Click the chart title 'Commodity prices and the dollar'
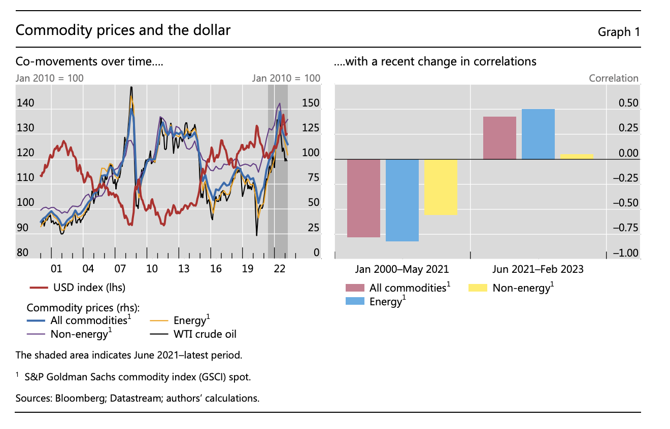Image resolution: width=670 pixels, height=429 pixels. click(x=123, y=30)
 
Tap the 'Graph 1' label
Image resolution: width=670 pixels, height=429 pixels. click(x=618, y=32)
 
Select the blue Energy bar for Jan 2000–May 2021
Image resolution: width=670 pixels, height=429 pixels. click(x=402, y=200)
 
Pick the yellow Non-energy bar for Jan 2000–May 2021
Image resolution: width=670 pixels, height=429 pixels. click(x=441, y=187)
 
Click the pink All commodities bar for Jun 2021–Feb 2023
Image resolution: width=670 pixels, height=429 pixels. click(x=499, y=138)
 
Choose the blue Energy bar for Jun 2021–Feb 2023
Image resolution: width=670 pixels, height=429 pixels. click(x=538, y=134)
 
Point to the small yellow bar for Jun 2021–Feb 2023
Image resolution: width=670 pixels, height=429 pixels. click(x=577, y=157)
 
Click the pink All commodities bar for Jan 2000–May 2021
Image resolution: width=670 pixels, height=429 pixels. click(x=363, y=198)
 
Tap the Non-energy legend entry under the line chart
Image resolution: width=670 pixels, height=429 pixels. click(x=79, y=334)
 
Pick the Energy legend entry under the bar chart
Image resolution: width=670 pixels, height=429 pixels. click(x=387, y=301)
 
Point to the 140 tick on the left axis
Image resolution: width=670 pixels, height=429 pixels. click(x=25, y=103)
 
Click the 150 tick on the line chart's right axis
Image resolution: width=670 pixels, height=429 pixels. click(x=311, y=103)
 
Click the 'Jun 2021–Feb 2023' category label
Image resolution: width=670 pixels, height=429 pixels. click(x=538, y=269)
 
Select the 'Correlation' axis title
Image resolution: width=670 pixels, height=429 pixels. click(x=613, y=78)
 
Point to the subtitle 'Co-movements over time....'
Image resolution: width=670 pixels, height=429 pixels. click(x=89, y=62)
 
